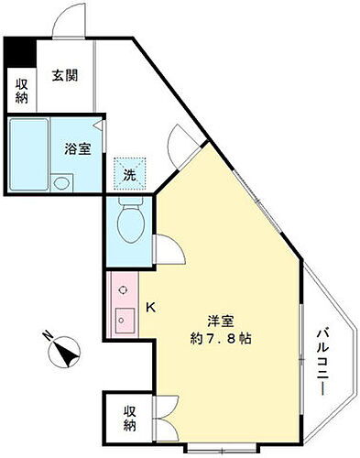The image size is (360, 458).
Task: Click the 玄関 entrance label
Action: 64,75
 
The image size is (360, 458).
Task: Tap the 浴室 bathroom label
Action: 77,149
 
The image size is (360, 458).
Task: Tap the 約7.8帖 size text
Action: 217,338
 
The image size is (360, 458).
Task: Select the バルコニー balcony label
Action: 322,361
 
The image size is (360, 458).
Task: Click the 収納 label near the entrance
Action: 21,90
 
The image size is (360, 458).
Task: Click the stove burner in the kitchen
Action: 122,288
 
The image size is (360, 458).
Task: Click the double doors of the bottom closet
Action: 168,411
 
